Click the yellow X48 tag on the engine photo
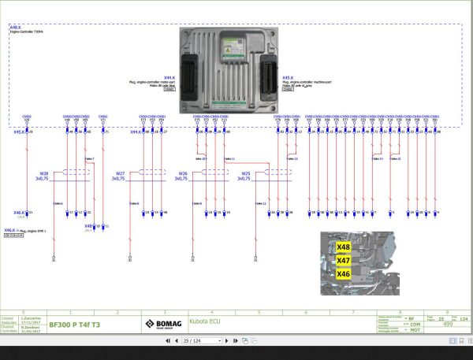pyautogui.click(x=343, y=247)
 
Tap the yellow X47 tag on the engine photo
pyautogui.click(x=343, y=260)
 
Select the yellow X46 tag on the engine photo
pyautogui.click(x=343, y=273)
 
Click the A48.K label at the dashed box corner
pyautogui.click(x=15, y=27)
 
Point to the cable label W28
pyautogui.click(x=44, y=173)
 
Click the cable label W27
pyautogui.click(x=121, y=173)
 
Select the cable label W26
pyautogui.click(x=183, y=173)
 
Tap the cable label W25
pyautogui.click(x=245, y=173)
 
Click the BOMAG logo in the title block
pyautogui.click(x=162, y=323)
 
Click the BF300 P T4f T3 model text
pyautogui.click(x=75, y=324)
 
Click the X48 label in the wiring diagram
pyautogui.click(x=89, y=226)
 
